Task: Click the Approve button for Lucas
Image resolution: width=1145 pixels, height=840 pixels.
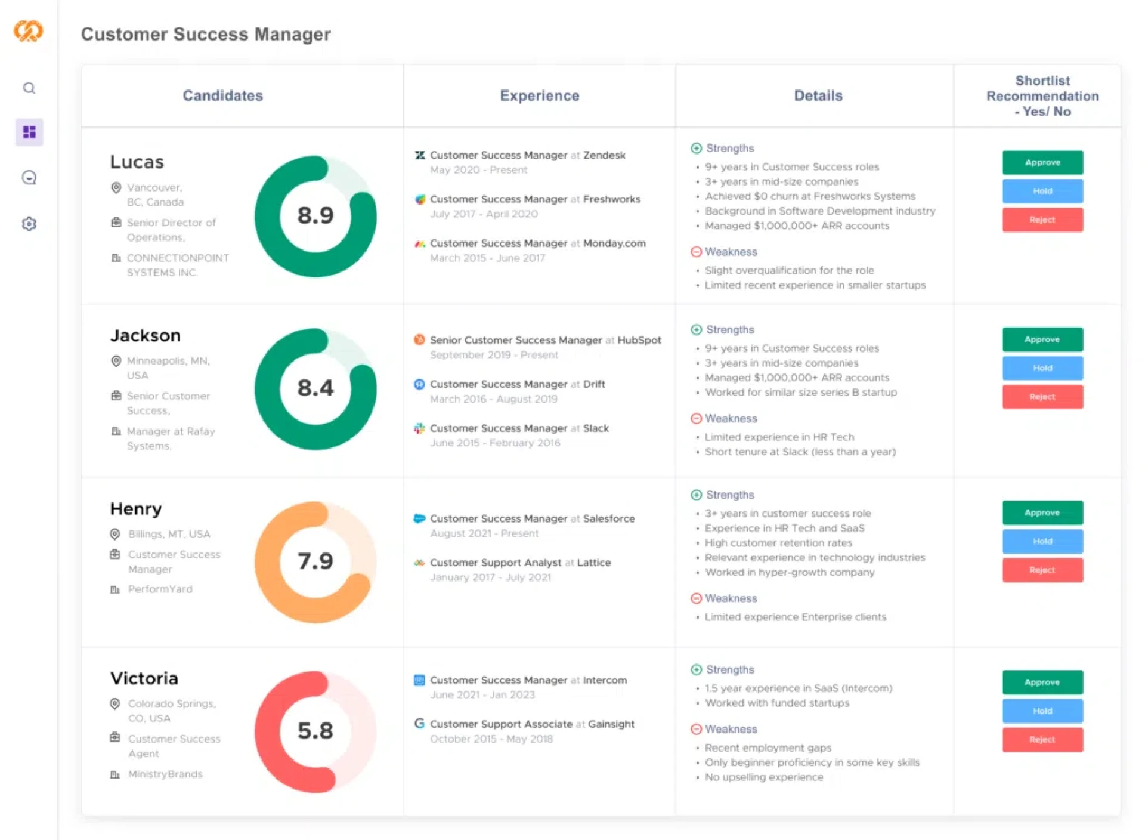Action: [1042, 162]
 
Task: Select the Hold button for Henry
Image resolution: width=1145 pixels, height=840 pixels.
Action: [1042, 541]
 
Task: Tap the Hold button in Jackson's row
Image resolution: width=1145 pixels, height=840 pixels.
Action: [1042, 368]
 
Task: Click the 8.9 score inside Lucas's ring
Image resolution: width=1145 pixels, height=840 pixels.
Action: [315, 215]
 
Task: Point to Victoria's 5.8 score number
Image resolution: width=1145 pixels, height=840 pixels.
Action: [315, 731]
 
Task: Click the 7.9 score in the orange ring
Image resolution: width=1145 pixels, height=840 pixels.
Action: [315, 561]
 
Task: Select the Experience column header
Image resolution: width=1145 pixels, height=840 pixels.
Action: [539, 95]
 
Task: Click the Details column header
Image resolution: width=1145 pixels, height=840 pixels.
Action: [818, 95]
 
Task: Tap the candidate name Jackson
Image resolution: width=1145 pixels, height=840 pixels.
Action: [146, 336]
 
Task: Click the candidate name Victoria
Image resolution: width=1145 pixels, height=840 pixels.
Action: [144, 678]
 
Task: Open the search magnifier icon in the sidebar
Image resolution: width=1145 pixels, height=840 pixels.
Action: [29, 88]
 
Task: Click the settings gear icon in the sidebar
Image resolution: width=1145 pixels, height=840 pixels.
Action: [29, 224]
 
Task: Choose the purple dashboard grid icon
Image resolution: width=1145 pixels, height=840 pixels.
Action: [29, 132]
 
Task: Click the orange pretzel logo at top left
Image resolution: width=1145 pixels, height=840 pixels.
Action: [29, 31]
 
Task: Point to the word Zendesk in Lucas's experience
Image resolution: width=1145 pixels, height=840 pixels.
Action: [604, 155]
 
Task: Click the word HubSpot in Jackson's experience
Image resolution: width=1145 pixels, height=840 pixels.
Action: [639, 340]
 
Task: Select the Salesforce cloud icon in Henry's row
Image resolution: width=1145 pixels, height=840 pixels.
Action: [419, 518]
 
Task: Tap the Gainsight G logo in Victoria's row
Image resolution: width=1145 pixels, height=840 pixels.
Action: [419, 724]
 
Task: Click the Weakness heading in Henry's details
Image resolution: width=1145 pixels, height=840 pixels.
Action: [731, 598]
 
